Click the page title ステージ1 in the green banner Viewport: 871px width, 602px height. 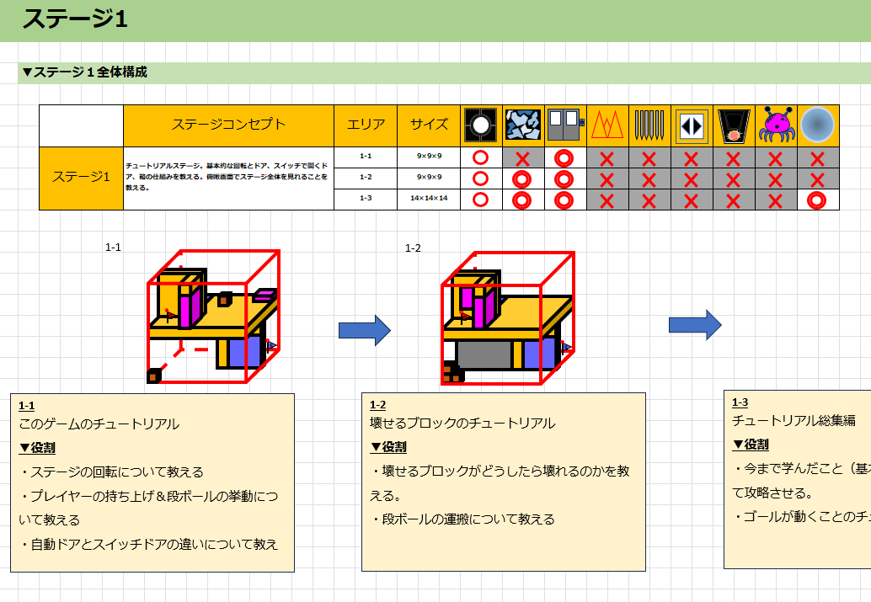(75, 19)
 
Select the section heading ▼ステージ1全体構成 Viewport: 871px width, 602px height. (84, 72)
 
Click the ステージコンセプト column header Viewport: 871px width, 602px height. (228, 125)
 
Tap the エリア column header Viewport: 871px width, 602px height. (366, 125)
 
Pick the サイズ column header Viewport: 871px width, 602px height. (429, 125)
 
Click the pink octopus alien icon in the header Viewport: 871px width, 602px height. (776, 125)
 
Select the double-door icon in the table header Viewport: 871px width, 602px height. (565, 125)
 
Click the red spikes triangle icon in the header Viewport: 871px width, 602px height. (607, 125)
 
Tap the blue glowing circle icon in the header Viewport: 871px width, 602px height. (818, 125)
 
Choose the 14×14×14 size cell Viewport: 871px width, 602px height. (429, 200)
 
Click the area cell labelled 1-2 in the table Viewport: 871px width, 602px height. (366, 178)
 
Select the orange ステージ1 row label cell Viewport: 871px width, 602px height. (81, 178)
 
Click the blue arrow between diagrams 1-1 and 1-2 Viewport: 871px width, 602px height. (365, 330)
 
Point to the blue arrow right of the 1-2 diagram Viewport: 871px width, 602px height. (695, 325)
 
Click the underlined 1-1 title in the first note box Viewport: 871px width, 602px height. (27, 405)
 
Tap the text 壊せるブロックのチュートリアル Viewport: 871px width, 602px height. (462, 423)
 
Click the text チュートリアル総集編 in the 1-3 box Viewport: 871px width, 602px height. (794, 420)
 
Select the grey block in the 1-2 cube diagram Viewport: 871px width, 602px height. (484, 355)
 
